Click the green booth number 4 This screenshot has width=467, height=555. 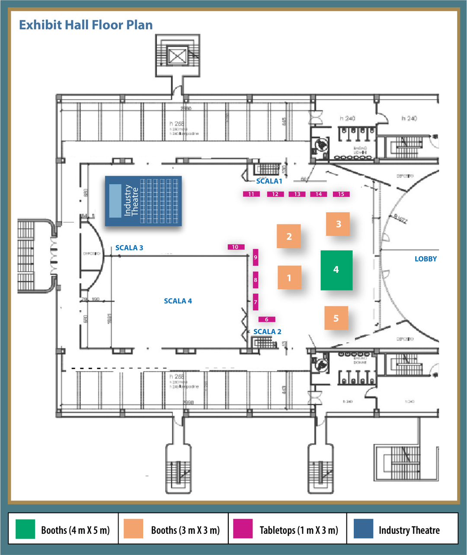(x=336, y=270)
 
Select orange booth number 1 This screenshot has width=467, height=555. (x=289, y=277)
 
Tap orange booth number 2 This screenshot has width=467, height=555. (x=289, y=236)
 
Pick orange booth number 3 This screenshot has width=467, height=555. (x=338, y=224)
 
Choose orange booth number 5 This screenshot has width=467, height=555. (x=336, y=318)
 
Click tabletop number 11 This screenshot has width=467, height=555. (x=251, y=194)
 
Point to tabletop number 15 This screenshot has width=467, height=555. (x=341, y=194)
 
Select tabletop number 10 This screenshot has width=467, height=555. (x=236, y=247)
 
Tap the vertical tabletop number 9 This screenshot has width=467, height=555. (x=256, y=257)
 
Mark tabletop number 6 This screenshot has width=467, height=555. (x=267, y=319)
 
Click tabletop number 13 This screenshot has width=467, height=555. (x=297, y=194)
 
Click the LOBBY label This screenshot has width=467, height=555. (x=425, y=259)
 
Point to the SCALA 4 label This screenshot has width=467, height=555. (x=178, y=301)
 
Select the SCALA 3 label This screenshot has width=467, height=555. (x=129, y=248)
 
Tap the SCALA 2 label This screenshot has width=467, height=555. (x=267, y=332)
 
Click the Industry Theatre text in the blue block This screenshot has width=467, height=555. (x=131, y=201)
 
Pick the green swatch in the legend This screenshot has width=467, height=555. (x=25, y=529)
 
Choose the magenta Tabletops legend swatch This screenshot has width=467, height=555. (x=243, y=529)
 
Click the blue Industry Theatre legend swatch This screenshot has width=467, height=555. (x=363, y=529)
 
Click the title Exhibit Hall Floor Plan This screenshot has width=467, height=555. (x=86, y=25)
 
